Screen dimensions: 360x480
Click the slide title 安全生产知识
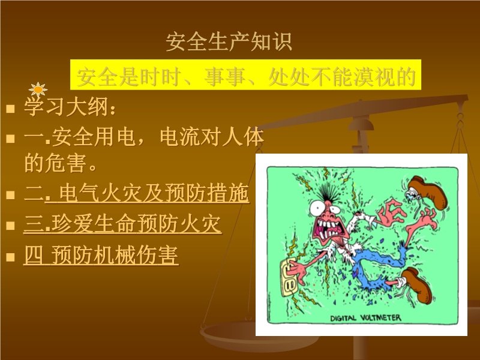coord(229,41)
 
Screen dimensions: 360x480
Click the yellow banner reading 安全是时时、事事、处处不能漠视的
coord(246,76)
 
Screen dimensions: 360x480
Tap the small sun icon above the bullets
coord(38,91)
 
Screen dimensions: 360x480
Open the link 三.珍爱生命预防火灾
coord(122,225)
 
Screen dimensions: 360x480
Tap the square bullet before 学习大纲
coord(10,110)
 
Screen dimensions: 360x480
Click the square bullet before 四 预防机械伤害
coord(10,258)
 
